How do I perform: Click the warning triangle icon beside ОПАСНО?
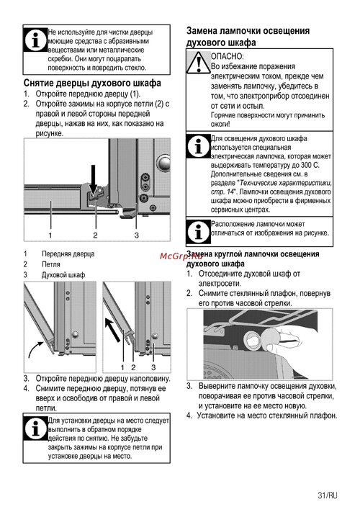pyautogui.click(x=199, y=62)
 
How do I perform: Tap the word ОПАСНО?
pyautogui.click(x=228, y=56)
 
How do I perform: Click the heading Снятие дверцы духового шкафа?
pyautogui.click(x=92, y=83)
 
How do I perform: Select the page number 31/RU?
pyautogui.click(x=328, y=495)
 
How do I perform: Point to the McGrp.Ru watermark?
pyautogui.click(x=181, y=256)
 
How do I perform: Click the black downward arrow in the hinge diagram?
pyautogui.click(x=94, y=179)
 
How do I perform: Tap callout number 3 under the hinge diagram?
pyautogui.click(x=137, y=235)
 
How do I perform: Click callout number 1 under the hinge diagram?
pyautogui.click(x=50, y=235)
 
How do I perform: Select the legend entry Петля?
pyautogui.click(x=51, y=264)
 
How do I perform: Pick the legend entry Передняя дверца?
pyautogui.click(x=68, y=253)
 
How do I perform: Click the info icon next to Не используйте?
pyautogui.click(x=35, y=40)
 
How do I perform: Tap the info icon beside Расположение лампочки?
pyautogui.click(x=198, y=231)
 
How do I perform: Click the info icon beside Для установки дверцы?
pyautogui.click(x=35, y=428)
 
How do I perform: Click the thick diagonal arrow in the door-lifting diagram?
pyautogui.click(x=112, y=331)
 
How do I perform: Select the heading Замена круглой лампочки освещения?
pyautogui.click(x=253, y=254)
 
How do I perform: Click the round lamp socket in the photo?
pyautogui.click(x=253, y=339)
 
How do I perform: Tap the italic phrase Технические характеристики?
pyautogui.click(x=286, y=182)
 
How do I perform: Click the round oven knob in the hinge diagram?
pyautogui.click(x=163, y=163)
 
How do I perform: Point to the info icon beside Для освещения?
pyautogui.click(x=198, y=146)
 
